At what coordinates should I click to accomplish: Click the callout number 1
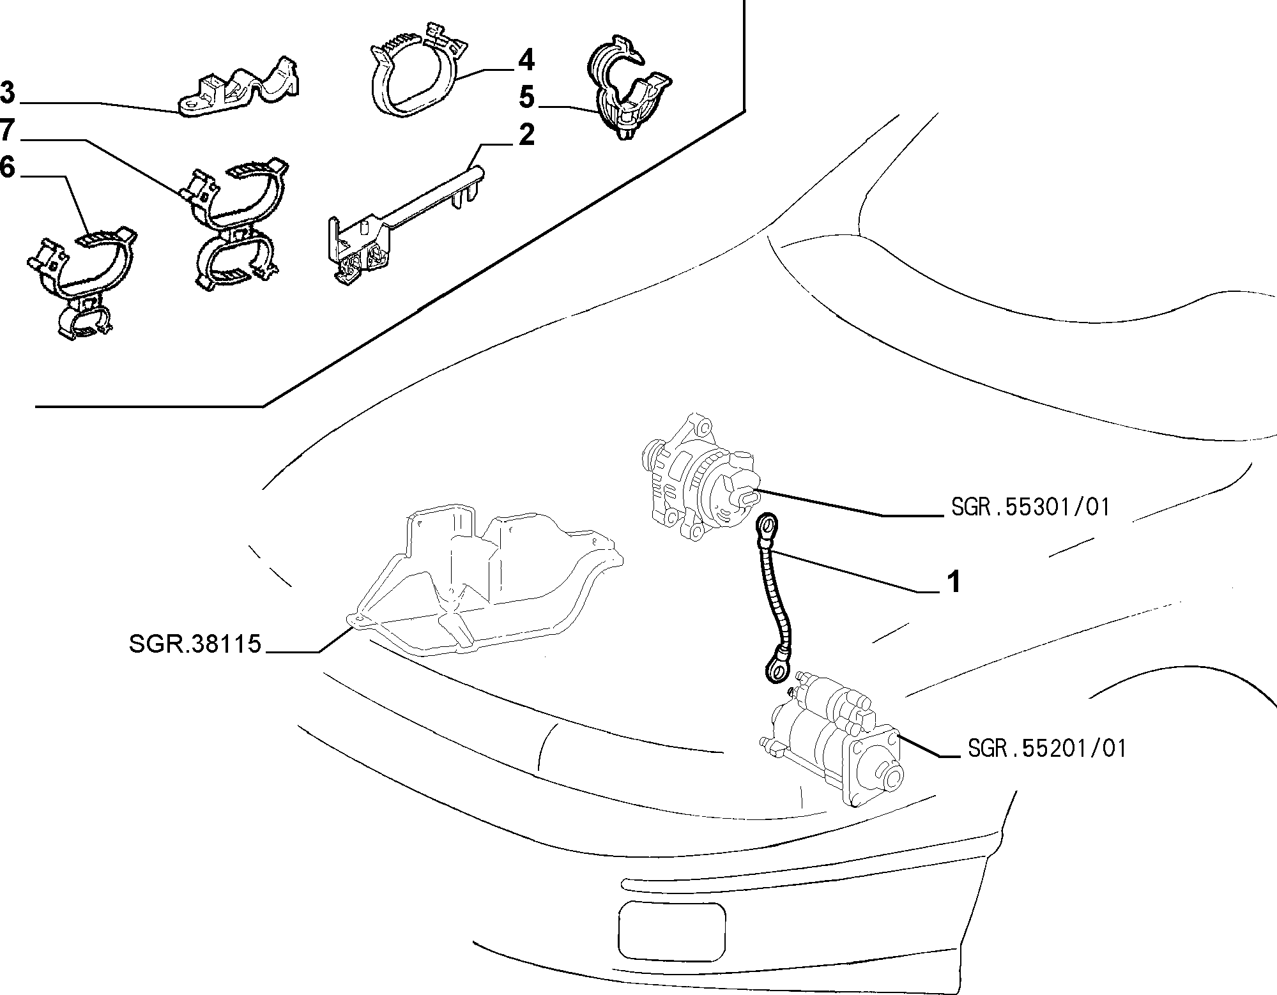pyautogui.click(x=953, y=582)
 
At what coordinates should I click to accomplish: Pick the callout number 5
pyautogui.click(x=526, y=98)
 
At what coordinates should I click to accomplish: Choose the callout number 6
pyautogui.click(x=7, y=167)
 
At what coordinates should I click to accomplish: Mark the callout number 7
pyautogui.click(x=7, y=130)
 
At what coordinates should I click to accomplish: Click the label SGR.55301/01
pyautogui.click(x=1030, y=507)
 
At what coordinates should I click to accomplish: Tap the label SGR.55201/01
pyautogui.click(x=1047, y=748)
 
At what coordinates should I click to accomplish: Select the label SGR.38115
pyautogui.click(x=195, y=644)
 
